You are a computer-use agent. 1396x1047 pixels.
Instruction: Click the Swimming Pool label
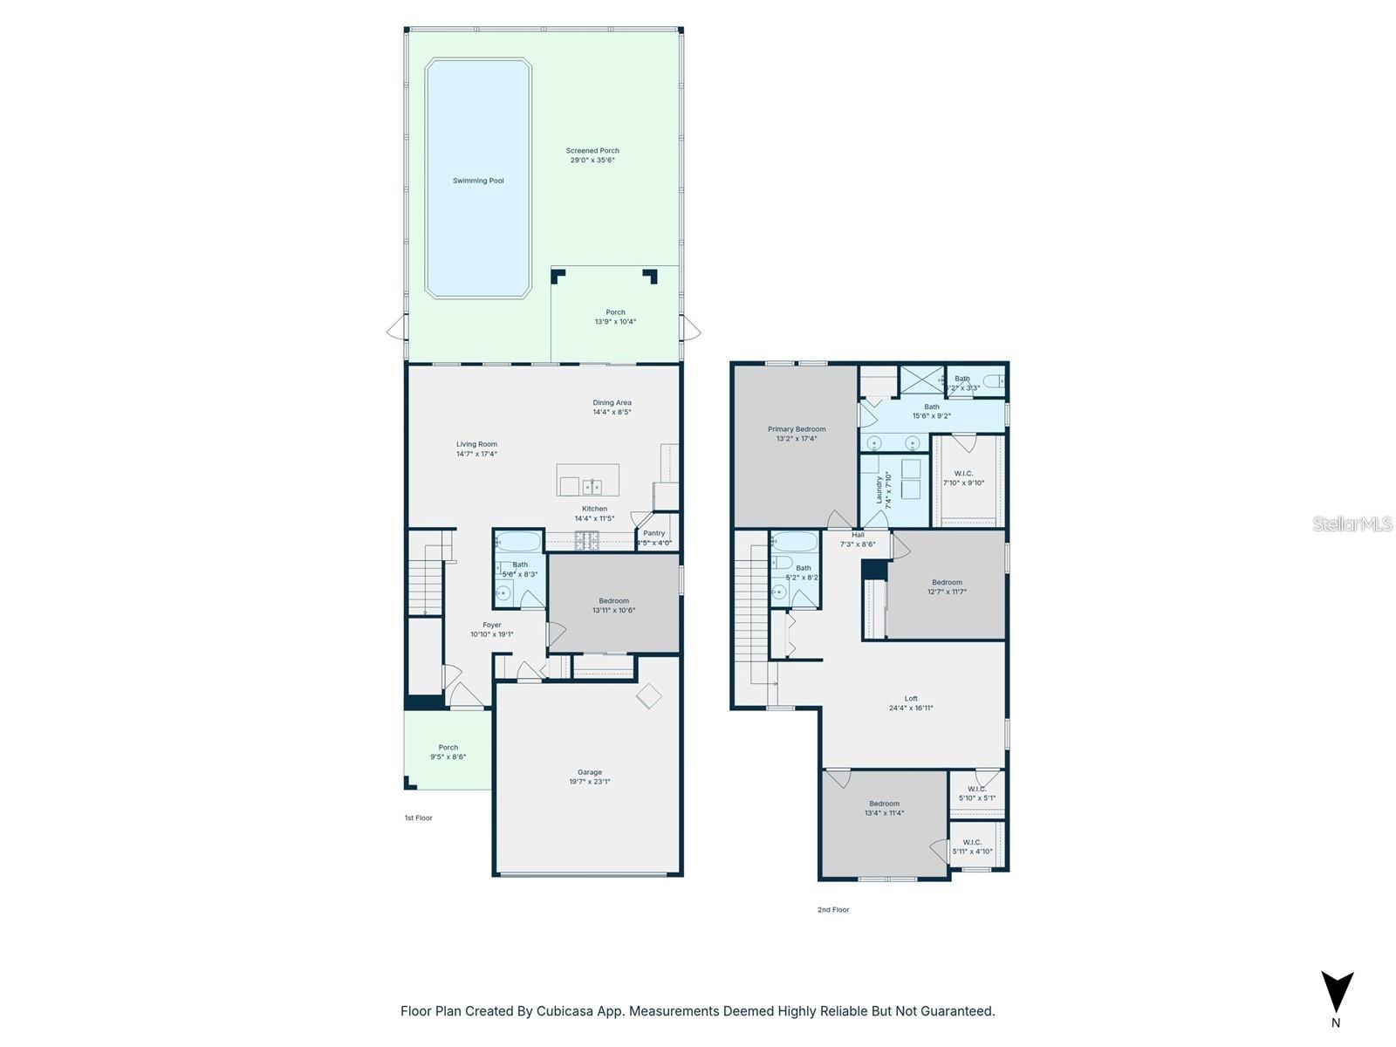478,181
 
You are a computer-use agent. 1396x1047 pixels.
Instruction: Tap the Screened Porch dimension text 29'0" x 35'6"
592,161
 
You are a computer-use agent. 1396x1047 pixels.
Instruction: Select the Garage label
590,772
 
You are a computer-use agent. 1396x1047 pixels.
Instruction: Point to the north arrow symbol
1336,993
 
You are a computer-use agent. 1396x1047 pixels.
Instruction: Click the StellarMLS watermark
1352,523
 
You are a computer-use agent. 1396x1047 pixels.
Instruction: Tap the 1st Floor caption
418,818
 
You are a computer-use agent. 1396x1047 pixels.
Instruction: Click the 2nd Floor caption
832,909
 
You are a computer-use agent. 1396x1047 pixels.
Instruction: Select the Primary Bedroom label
796,429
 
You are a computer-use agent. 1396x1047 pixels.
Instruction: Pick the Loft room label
911,698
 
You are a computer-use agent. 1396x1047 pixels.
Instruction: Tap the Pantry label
654,533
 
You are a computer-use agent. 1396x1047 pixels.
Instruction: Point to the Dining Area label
612,403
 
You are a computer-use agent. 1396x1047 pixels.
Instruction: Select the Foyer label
492,625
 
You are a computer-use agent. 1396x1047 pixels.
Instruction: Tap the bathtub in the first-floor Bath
518,542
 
